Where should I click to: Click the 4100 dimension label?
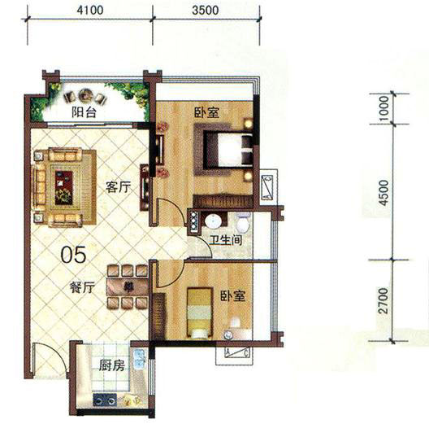click(x=90, y=10)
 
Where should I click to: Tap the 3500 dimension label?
click(x=206, y=10)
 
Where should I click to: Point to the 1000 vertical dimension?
click(x=384, y=108)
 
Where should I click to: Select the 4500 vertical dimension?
click(x=384, y=193)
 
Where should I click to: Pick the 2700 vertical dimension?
click(x=384, y=300)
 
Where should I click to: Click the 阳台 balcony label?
click(x=84, y=112)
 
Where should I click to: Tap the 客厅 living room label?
click(x=118, y=187)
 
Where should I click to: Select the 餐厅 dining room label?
click(x=82, y=287)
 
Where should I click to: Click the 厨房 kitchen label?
click(x=111, y=365)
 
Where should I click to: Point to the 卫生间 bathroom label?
click(x=226, y=240)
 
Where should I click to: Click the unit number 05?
click(x=73, y=255)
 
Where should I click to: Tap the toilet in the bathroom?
click(x=242, y=221)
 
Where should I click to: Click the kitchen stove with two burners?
click(x=105, y=400)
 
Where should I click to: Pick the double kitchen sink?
click(x=140, y=359)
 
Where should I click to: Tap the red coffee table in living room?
click(x=63, y=188)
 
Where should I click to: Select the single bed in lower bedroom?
click(x=200, y=313)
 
